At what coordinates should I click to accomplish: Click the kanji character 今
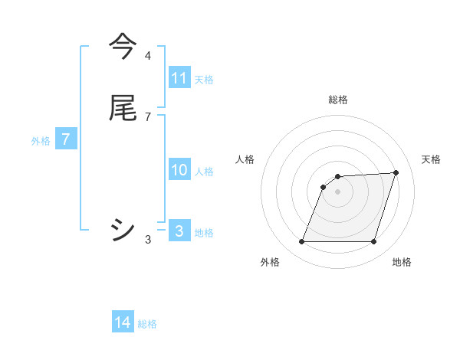[x=123, y=47]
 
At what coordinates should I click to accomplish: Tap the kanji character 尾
[x=123, y=108]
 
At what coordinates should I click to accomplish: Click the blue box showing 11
[x=179, y=78]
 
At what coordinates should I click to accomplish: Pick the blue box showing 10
[x=179, y=170]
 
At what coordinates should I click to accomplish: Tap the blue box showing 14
[x=123, y=322]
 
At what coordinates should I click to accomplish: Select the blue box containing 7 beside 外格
[x=66, y=139]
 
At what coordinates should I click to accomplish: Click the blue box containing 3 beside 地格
[x=179, y=231]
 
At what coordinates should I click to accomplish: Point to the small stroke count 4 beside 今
[x=148, y=56]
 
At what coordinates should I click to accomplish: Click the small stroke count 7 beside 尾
[x=148, y=116]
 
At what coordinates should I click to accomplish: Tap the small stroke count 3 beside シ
[x=148, y=239]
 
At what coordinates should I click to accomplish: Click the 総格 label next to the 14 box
[x=147, y=324]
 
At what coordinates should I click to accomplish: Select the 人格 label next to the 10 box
[x=204, y=172]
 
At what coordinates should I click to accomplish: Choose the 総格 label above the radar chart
[x=338, y=100]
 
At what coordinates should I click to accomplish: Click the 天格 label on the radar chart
[x=432, y=159]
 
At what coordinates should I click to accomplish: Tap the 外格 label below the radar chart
[x=270, y=263]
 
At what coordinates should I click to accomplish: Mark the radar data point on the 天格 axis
[x=396, y=172]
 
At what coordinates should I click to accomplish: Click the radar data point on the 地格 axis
[x=373, y=242]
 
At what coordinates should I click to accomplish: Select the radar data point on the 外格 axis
[x=302, y=242]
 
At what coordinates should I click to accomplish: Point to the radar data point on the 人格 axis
[x=324, y=186]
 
